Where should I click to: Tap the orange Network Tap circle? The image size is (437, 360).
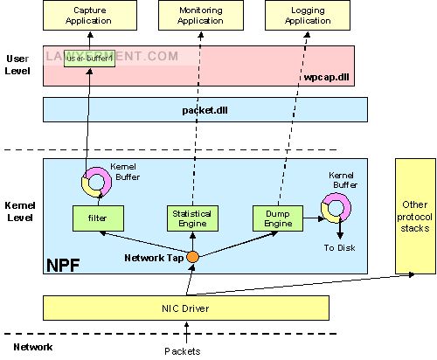[x=191, y=257]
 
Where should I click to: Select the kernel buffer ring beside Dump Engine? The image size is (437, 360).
[x=336, y=207]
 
